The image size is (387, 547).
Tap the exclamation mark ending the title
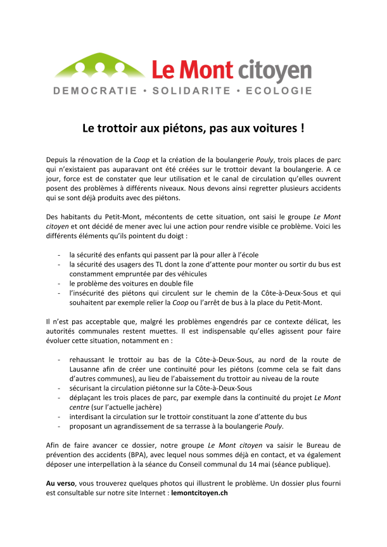(x=301, y=127)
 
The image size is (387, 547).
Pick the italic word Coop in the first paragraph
(x=151, y=158)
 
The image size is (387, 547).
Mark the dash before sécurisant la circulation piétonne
(x=59, y=388)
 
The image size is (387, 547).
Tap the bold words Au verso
(x=61, y=483)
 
